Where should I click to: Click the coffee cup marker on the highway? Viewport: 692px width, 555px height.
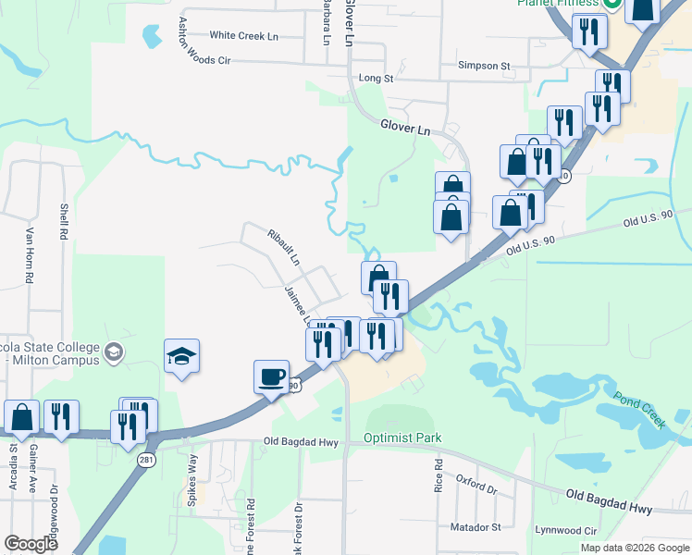[272, 377]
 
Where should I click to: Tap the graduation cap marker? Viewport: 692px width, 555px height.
[182, 357]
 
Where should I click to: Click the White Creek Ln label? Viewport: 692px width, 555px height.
[243, 36]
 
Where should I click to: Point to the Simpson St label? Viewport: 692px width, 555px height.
[485, 67]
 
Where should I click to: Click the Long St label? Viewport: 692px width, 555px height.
[376, 80]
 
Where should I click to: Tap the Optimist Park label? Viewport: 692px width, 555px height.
[402, 438]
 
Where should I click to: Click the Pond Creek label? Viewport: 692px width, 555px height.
[639, 408]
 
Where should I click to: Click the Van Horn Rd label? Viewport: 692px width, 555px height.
[30, 255]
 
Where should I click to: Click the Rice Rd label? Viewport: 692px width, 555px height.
[439, 478]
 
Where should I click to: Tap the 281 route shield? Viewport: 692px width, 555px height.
[148, 460]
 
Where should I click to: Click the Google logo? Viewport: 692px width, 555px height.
[31, 544]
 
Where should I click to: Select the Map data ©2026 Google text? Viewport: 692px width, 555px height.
[634, 548]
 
